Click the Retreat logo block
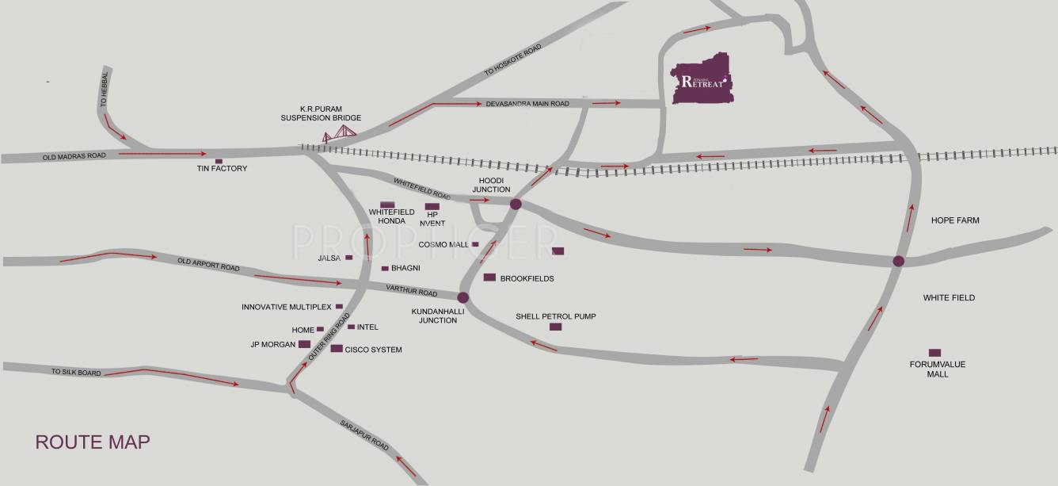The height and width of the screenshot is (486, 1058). click(702, 79)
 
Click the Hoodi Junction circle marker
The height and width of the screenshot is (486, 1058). click(516, 204)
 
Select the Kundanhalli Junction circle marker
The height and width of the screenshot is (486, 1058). click(463, 298)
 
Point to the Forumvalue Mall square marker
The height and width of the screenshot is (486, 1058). click(934, 353)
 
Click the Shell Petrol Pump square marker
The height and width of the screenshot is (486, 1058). click(555, 327)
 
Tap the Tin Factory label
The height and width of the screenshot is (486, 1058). click(223, 169)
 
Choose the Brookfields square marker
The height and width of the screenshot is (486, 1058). click(489, 277)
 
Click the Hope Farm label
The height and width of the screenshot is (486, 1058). click(955, 220)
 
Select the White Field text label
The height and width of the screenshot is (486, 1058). click(949, 298)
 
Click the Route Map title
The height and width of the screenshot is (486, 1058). click(93, 442)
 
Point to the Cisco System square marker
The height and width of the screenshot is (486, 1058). click(337, 349)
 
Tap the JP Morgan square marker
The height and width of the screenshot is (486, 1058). click(304, 344)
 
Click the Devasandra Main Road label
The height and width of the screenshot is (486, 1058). click(527, 104)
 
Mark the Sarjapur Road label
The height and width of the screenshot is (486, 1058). click(365, 434)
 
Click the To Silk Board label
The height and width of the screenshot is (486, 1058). click(77, 372)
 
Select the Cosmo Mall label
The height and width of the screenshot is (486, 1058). click(443, 245)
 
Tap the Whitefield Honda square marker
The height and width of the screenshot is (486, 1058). click(387, 205)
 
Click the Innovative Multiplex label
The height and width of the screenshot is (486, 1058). click(286, 307)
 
